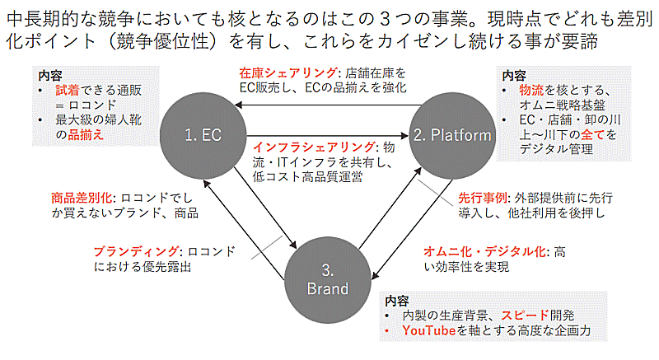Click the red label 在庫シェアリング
[283, 72]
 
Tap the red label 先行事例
[484, 199]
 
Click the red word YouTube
[428, 330]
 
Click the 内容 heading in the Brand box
[396, 301]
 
